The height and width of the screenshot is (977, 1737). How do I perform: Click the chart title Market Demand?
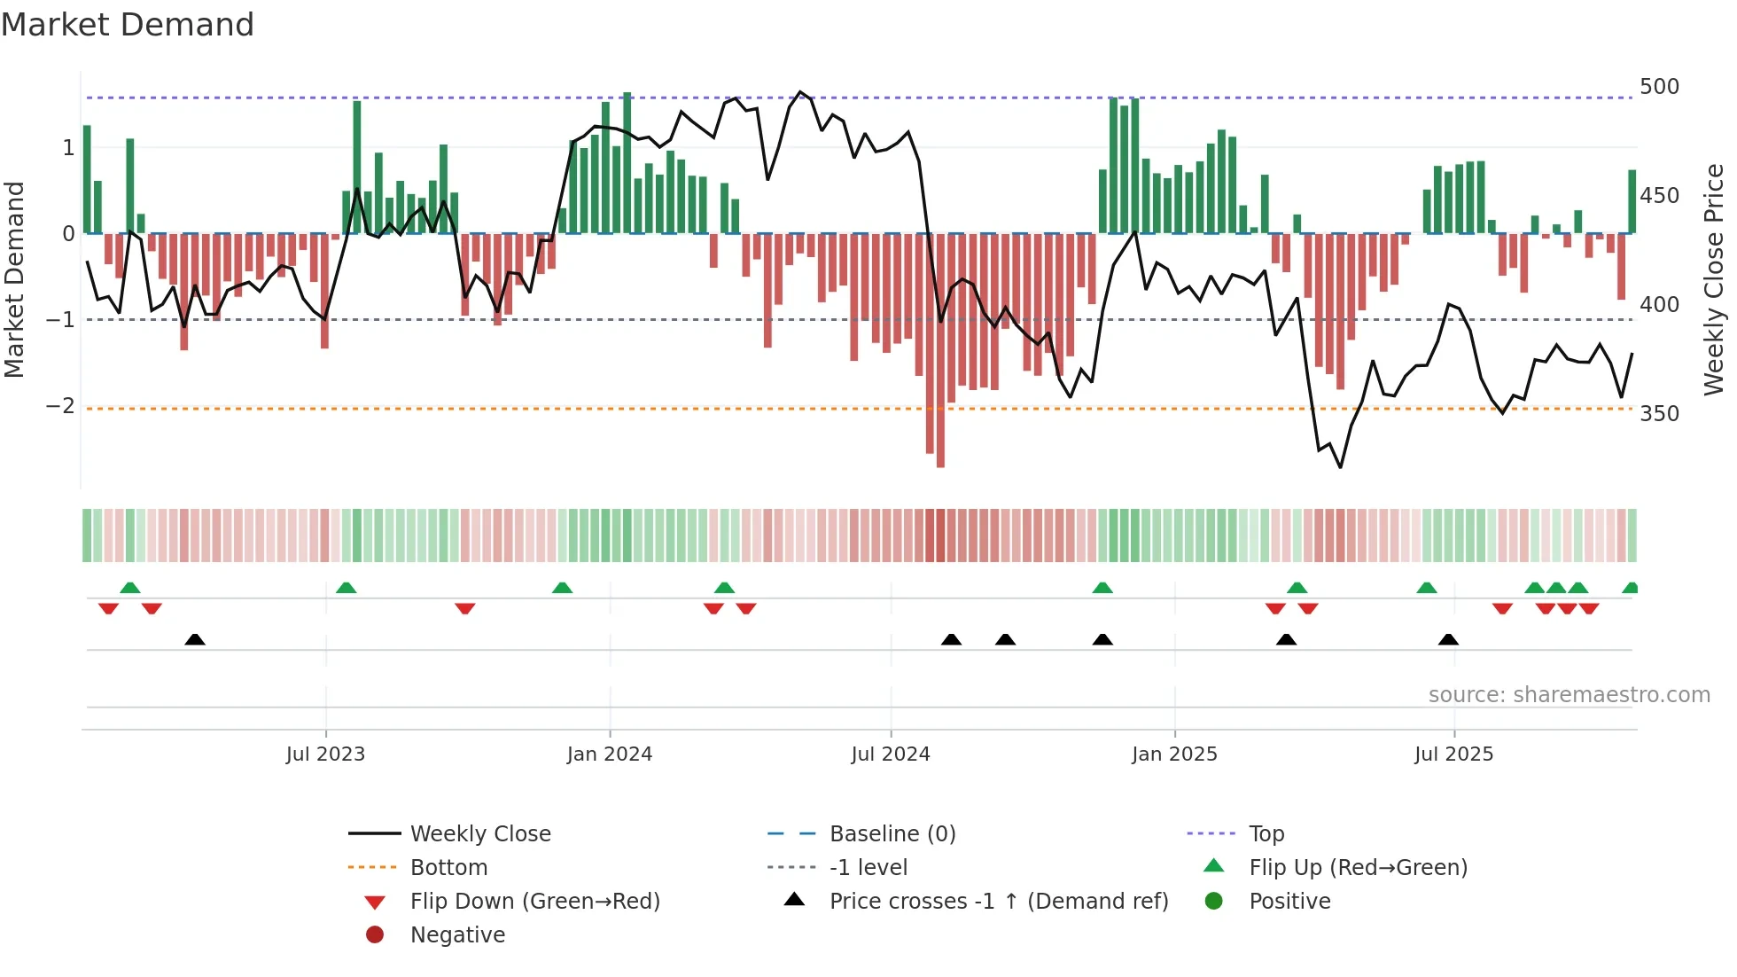128,25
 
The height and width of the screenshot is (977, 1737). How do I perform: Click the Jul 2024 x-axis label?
890,754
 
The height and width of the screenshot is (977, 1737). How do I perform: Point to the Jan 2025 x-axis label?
1174,754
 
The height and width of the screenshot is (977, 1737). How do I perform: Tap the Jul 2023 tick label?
325,754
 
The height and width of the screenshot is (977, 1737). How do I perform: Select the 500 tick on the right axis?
1659,87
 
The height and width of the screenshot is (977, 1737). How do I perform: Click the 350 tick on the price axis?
1659,414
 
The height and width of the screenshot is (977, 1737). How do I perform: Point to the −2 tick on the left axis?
60,406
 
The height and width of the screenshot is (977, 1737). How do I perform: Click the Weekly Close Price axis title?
1714,279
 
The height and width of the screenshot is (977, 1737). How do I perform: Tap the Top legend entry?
1266,834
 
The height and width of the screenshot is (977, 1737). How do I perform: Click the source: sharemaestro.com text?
1569,695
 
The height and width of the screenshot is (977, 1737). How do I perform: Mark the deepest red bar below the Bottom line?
940,439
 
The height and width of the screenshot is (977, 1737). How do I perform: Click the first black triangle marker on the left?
195,640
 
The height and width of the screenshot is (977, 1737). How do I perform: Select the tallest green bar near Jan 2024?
627,160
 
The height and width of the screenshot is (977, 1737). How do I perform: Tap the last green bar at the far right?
1632,202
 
